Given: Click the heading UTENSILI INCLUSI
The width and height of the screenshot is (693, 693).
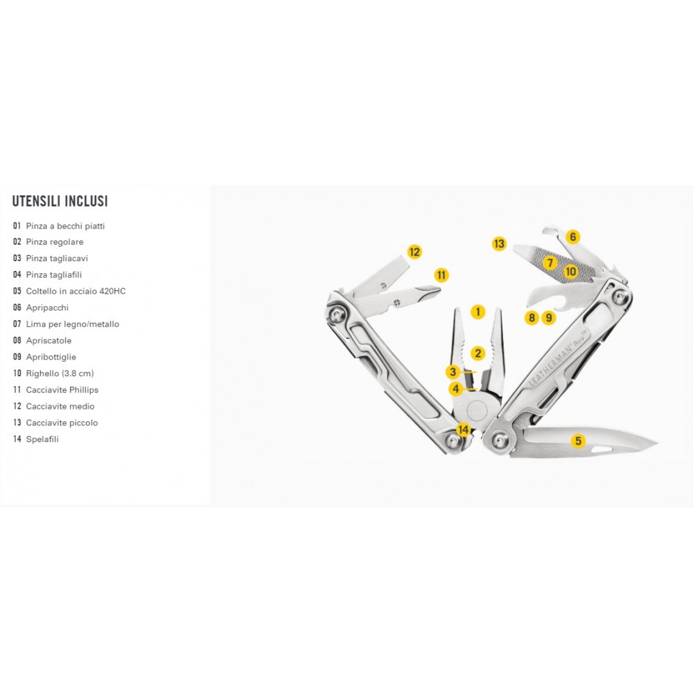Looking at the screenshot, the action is click(60, 201).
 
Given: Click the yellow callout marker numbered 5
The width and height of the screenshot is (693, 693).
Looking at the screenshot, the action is click(578, 441).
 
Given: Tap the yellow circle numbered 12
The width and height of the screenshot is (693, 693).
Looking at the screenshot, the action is click(414, 252).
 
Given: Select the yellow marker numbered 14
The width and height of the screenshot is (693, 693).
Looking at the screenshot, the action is click(463, 429).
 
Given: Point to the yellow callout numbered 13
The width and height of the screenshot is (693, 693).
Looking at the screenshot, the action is click(499, 243).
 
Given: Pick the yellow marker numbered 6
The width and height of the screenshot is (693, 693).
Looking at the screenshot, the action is click(573, 237).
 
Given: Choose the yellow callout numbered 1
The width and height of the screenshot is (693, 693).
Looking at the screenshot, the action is click(477, 312).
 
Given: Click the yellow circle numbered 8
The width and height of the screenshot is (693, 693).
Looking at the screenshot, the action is click(532, 317).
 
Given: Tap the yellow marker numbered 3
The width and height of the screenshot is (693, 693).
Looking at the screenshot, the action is click(453, 372).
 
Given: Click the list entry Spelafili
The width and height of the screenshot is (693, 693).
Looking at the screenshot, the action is click(42, 439).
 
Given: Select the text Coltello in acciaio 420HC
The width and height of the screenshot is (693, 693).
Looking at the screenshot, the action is click(76, 291).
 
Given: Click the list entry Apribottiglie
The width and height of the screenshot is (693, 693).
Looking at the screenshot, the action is click(51, 357).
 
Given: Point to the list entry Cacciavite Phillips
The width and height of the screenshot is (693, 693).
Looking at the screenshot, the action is click(62, 389).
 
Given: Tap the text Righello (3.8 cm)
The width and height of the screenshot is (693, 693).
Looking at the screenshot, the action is click(60, 374).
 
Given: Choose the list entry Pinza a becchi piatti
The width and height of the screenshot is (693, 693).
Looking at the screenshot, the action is click(65, 226).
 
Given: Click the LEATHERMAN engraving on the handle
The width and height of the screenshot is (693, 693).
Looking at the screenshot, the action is click(551, 365).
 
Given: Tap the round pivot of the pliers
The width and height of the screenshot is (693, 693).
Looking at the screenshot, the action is click(477, 410).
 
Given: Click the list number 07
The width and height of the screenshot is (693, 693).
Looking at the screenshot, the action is click(17, 324).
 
